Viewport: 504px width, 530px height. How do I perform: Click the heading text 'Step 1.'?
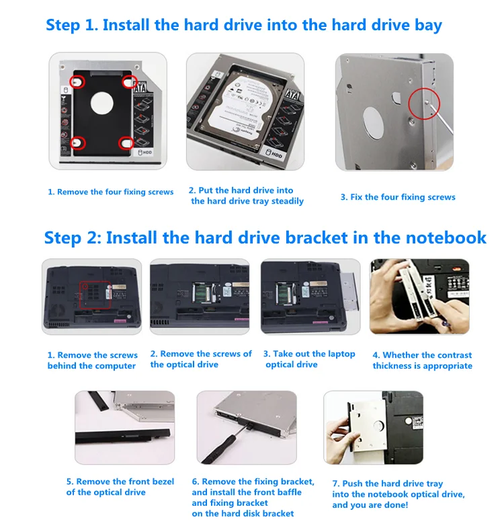click(72, 26)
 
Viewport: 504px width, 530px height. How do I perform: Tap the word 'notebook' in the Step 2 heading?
click(446, 237)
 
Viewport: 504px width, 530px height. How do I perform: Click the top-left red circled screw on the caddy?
click(77, 82)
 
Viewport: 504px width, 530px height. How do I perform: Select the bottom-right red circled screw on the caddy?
click(126, 143)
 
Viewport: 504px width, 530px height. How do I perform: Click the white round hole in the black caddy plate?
click(101, 103)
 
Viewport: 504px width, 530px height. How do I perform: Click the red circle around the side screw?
click(424, 104)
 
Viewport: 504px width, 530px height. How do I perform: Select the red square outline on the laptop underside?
click(95, 295)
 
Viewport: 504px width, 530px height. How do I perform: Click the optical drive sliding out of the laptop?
click(349, 291)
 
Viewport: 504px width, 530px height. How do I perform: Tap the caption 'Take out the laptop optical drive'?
click(310, 359)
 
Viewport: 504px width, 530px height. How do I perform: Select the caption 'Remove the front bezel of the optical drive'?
click(120, 487)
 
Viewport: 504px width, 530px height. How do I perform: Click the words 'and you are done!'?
click(370, 505)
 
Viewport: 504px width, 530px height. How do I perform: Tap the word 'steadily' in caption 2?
click(288, 202)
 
